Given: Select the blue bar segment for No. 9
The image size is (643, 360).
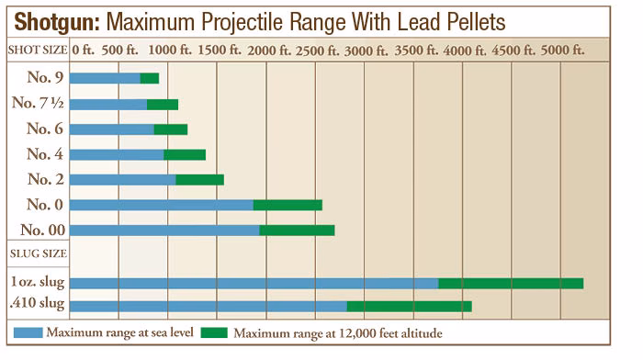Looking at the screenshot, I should tap(105, 79).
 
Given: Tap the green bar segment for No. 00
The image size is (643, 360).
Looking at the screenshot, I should tap(297, 230).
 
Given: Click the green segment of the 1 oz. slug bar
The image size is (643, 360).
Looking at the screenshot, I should tap(511, 283).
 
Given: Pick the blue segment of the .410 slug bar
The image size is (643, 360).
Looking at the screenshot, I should tap(208, 306).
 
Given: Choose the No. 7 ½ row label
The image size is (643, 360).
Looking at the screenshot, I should tap(38, 104).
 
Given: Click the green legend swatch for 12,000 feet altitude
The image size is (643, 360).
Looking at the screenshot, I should tap(214, 332).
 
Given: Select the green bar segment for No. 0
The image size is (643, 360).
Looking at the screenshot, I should tap(288, 205).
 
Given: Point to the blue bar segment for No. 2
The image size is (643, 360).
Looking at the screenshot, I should tap(122, 179).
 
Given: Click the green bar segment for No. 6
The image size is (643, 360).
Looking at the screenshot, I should tap(170, 129).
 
